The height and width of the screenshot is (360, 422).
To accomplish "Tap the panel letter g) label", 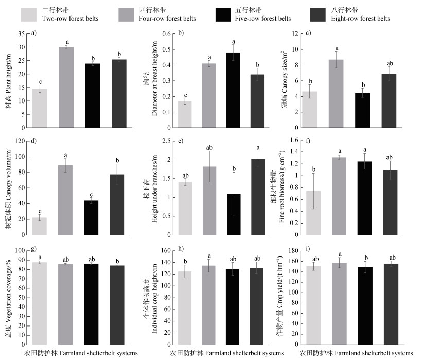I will point(34,249).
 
